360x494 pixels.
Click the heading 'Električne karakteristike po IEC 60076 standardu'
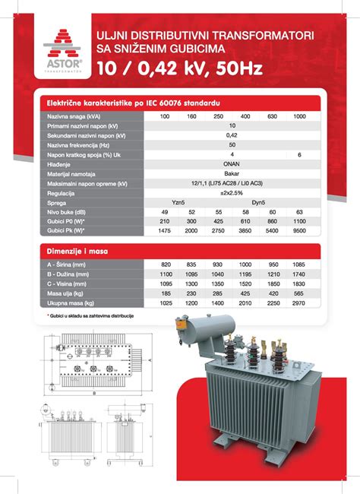tap(134, 101)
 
